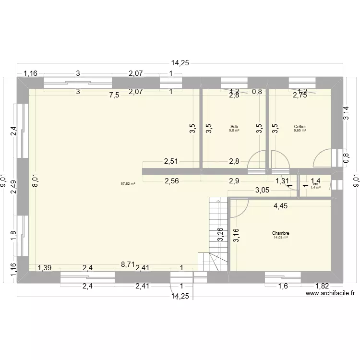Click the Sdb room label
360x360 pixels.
(234, 127)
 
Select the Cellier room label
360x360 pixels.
(300, 127)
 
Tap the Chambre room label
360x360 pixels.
(281, 233)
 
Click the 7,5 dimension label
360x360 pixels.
(114, 95)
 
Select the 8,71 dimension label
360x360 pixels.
(128, 264)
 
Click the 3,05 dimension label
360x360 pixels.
(262, 190)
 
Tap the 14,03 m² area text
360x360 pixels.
(281, 238)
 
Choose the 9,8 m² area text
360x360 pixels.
(234, 130)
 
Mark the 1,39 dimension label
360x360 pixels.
(45, 268)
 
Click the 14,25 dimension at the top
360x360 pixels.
(180, 62)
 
